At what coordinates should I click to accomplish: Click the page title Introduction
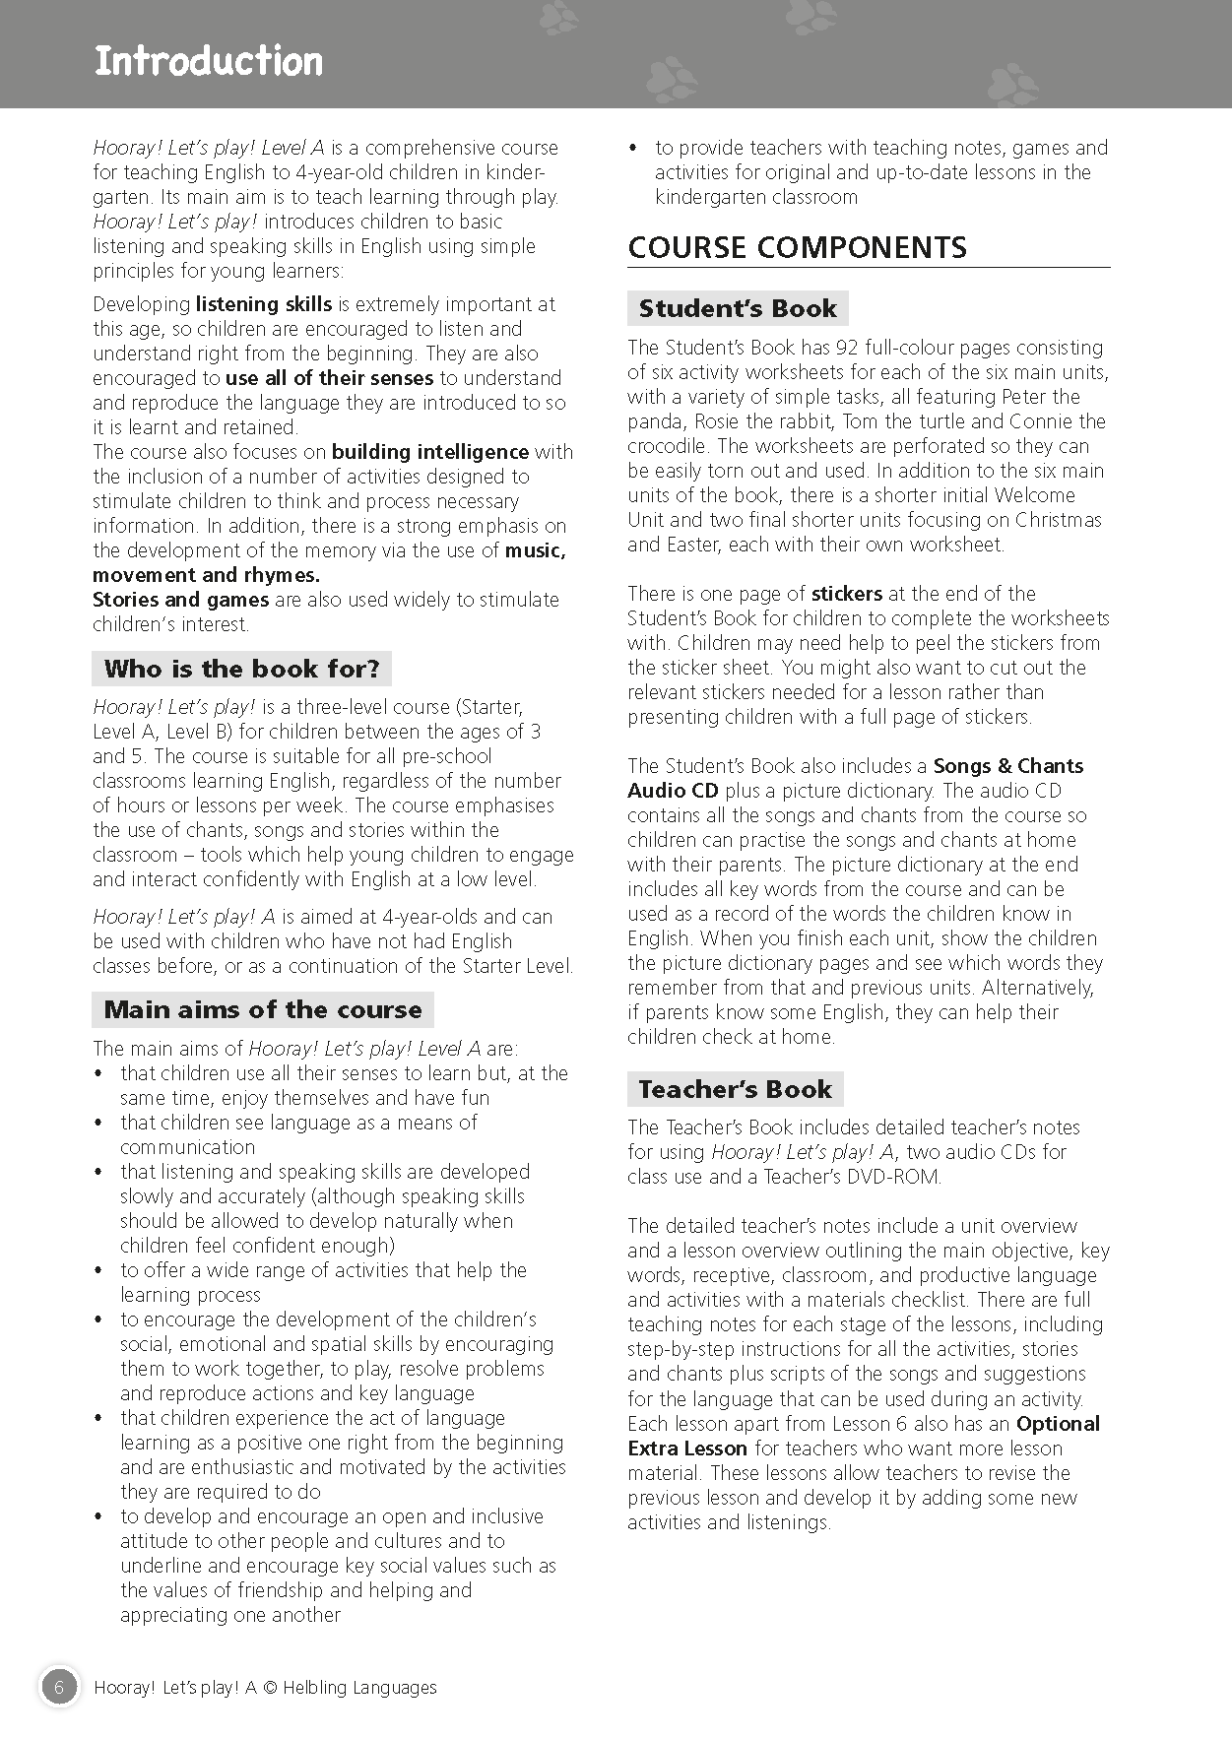click(208, 61)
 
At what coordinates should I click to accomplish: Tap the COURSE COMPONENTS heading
click(797, 247)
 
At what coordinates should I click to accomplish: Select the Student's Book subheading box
click(738, 308)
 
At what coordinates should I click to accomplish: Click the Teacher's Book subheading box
click(735, 1089)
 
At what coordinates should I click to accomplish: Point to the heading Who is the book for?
click(241, 669)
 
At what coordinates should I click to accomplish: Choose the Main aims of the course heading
click(262, 1009)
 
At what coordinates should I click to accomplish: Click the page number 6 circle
click(59, 1687)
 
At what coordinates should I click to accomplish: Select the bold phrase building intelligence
click(430, 452)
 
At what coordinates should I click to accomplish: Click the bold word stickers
click(846, 594)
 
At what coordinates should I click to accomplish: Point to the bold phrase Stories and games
click(180, 600)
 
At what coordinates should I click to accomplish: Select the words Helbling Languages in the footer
click(359, 1688)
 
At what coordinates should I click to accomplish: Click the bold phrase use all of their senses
click(329, 378)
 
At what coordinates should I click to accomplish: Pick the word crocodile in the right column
click(666, 446)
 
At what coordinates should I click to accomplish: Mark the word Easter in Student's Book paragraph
click(685, 545)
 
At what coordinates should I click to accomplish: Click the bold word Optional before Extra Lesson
click(1058, 1424)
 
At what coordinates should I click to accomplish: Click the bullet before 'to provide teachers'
click(633, 149)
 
